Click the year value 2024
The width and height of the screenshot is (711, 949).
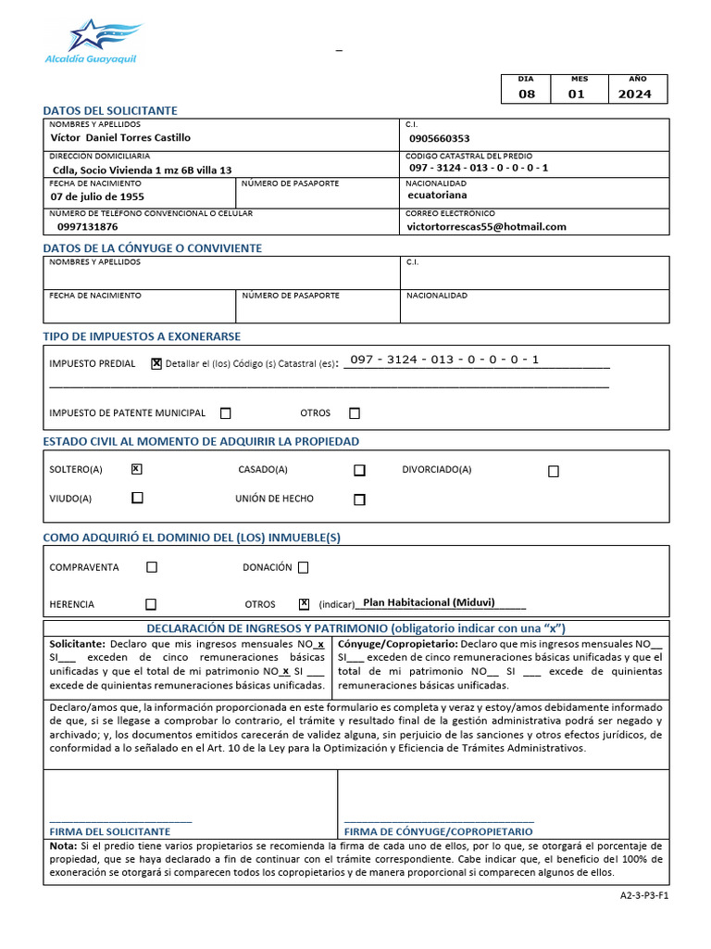(x=634, y=94)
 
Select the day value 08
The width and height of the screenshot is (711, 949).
(x=526, y=94)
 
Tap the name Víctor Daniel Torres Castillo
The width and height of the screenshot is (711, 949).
(x=119, y=137)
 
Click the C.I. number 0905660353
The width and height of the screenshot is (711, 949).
(x=439, y=138)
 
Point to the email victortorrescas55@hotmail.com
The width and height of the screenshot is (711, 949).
(x=487, y=226)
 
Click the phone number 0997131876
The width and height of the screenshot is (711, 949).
(x=87, y=226)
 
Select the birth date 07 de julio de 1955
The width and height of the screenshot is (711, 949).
(x=97, y=196)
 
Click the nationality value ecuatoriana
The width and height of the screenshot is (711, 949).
(x=437, y=196)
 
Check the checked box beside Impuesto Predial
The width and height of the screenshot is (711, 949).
(x=156, y=364)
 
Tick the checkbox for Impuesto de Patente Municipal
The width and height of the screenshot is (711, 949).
(x=226, y=413)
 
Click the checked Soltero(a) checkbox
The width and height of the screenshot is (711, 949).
(x=137, y=469)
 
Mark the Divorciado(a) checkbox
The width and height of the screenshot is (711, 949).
(x=554, y=471)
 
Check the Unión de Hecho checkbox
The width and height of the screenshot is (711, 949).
(x=359, y=500)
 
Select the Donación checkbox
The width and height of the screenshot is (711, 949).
(x=303, y=567)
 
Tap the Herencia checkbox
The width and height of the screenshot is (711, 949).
(x=151, y=604)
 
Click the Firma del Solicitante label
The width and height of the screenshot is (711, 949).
(x=109, y=831)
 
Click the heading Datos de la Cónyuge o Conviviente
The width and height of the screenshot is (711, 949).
(x=153, y=248)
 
